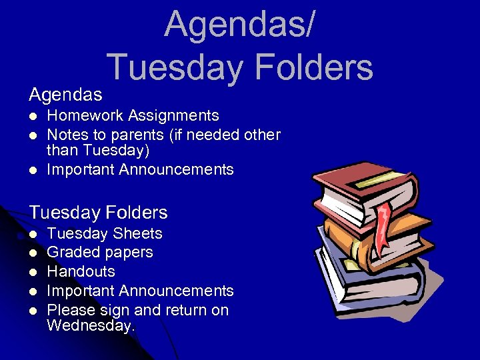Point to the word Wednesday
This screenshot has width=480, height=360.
(90, 326)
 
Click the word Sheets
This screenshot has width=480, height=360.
(138, 234)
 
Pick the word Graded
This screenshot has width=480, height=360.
(71, 253)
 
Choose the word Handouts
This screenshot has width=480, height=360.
(81, 272)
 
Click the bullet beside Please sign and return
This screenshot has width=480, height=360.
(32, 311)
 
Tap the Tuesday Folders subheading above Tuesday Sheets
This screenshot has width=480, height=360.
(98, 213)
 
